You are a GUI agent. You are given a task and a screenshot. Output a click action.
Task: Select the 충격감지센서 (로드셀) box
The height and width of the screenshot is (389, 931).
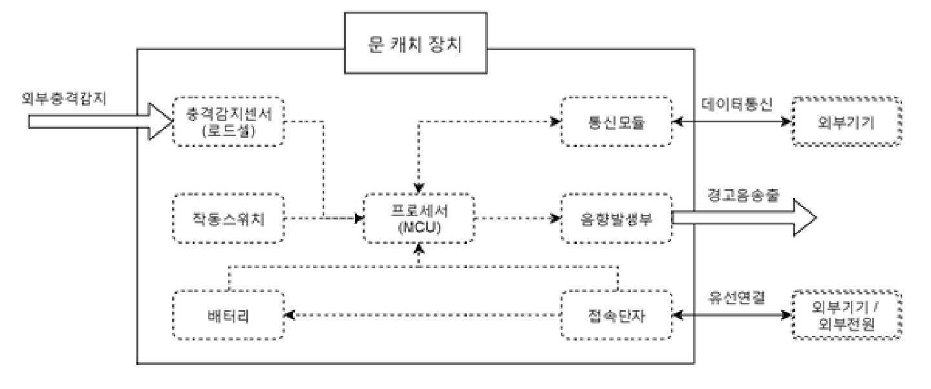coord(230,122)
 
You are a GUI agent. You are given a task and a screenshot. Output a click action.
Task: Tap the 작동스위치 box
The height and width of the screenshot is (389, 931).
coord(230,218)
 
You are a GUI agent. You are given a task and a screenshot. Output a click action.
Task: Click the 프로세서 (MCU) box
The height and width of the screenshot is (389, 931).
coord(420,218)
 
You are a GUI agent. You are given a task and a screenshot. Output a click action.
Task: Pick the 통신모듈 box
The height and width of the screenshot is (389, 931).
coord(616,122)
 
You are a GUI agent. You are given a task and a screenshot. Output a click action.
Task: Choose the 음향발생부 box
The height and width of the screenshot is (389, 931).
coord(616,218)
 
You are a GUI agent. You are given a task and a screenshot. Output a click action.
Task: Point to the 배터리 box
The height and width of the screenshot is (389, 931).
coord(230,315)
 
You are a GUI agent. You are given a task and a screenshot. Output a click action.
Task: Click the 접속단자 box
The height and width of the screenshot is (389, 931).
coord(616,315)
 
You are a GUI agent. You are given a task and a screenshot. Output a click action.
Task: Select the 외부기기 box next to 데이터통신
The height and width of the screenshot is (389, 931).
coord(847,122)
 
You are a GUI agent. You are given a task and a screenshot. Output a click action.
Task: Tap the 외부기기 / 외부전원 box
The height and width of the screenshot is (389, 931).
coord(847,315)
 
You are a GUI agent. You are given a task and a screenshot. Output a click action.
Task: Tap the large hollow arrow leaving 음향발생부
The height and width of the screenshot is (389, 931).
coord(744,218)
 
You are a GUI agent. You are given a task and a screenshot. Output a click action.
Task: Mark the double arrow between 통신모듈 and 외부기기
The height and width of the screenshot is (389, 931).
coord(733,122)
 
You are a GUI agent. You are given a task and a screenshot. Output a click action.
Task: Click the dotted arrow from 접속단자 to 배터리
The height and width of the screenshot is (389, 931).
coord(423,315)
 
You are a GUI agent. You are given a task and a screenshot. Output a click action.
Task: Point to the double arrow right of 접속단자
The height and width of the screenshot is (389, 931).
coord(733,315)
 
